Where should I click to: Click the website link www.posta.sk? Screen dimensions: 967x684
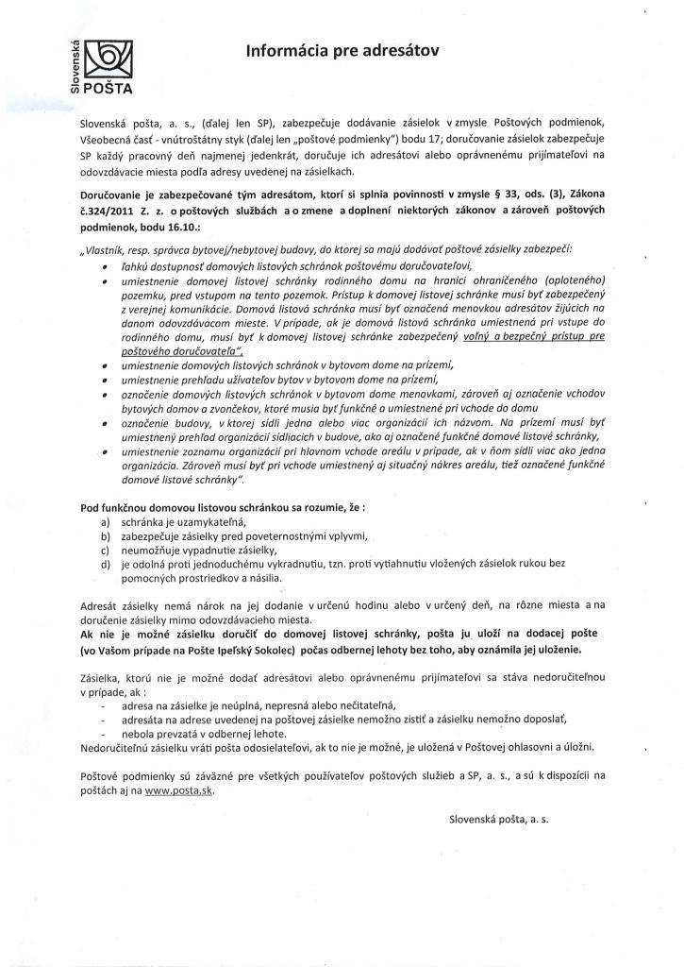[179, 792]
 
